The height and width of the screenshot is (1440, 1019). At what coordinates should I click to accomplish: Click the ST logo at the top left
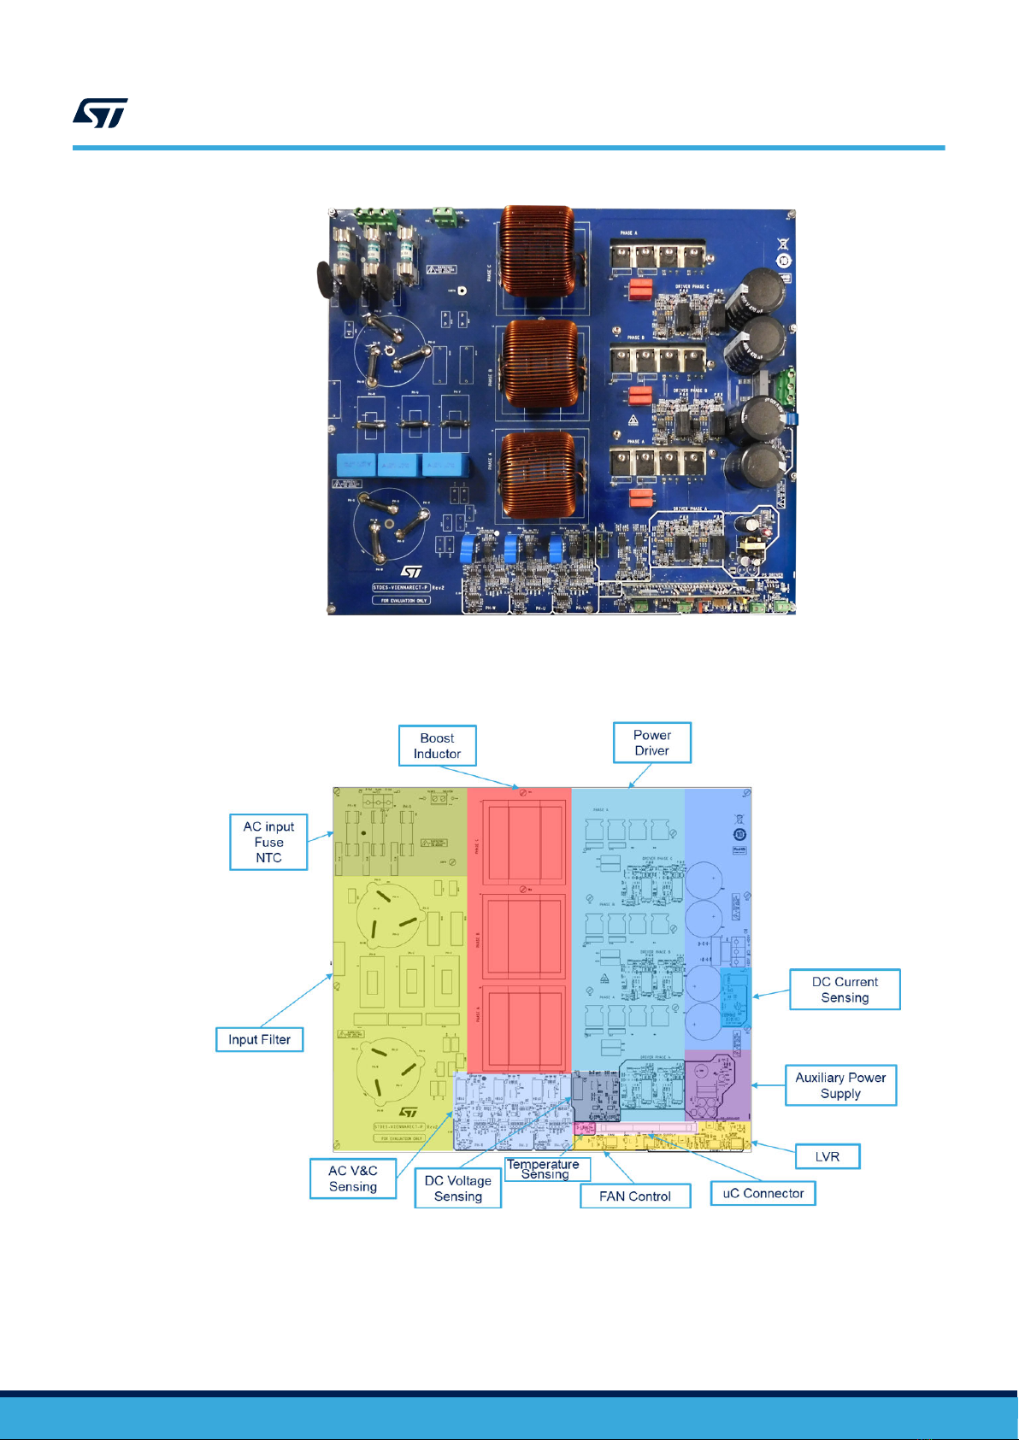point(100,113)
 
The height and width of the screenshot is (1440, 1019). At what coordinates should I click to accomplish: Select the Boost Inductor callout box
point(437,746)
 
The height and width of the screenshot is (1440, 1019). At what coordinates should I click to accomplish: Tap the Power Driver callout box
point(651,743)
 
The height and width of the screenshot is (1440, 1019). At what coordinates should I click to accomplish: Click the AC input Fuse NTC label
point(268,842)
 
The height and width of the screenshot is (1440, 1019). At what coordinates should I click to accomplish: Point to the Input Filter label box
point(259,1039)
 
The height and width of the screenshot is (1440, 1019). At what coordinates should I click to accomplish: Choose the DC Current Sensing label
point(844,990)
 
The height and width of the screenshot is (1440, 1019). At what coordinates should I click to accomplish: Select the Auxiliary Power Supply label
point(840,1085)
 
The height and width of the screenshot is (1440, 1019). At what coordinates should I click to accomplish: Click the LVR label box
point(827,1156)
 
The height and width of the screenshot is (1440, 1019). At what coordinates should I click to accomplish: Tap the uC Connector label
point(763,1193)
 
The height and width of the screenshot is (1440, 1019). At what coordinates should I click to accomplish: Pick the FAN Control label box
point(634,1196)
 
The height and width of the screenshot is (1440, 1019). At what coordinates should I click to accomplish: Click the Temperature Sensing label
point(544,1169)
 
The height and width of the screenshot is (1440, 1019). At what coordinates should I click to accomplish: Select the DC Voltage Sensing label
point(457,1188)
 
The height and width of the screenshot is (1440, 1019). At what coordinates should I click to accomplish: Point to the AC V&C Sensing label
point(353,1178)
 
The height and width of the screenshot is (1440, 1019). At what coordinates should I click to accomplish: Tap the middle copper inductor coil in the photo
point(539,363)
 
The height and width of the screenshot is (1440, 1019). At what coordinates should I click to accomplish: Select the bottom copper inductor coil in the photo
point(539,474)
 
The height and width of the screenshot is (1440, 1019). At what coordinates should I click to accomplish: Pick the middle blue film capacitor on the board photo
point(398,466)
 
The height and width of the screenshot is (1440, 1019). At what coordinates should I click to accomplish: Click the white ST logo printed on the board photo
point(412,571)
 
